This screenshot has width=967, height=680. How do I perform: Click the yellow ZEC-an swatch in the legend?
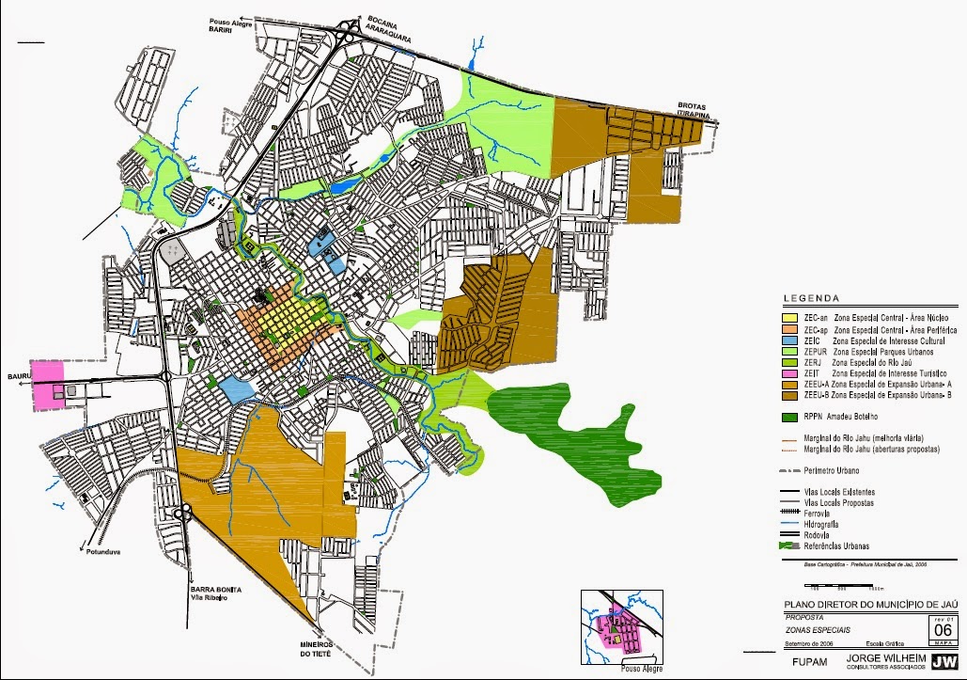pyautogui.click(x=791, y=320)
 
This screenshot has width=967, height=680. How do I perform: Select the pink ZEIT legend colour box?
pyautogui.click(x=791, y=372)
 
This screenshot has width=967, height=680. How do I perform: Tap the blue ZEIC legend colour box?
pyautogui.click(x=791, y=340)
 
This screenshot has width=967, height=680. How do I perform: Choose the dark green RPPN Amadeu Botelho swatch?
pyautogui.click(x=791, y=416)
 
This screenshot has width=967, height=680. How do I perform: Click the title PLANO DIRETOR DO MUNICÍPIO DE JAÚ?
pyautogui.click(x=865, y=604)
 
